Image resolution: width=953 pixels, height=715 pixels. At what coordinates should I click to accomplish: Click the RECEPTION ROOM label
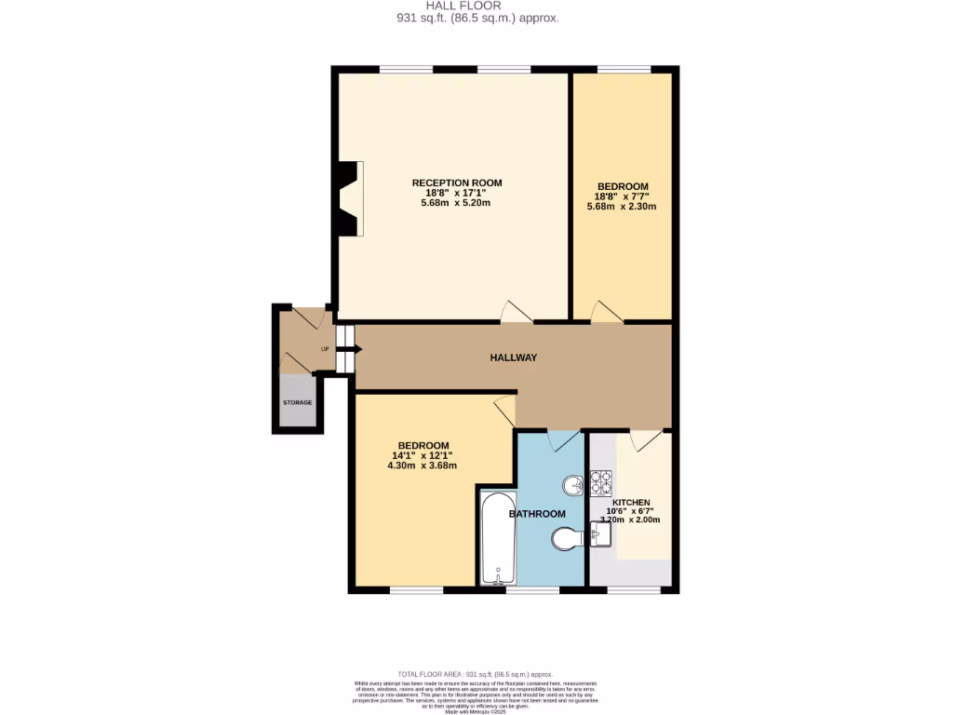coord(457,182)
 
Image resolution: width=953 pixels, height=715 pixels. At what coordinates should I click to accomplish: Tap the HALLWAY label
coord(514,357)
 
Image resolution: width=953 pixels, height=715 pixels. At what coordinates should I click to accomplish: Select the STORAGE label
coord(298,402)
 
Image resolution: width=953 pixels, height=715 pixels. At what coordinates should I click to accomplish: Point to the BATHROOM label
coord(537,514)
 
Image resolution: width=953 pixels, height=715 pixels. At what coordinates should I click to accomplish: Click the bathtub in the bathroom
coord(498,538)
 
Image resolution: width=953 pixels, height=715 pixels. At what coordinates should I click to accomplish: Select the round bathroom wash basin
coord(573,485)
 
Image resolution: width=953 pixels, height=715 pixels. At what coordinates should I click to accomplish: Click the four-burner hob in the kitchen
coord(601,482)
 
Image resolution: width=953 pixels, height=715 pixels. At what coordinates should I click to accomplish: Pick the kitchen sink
coord(601,534)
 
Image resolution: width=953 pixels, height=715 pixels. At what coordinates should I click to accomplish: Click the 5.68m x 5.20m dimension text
coord(456,203)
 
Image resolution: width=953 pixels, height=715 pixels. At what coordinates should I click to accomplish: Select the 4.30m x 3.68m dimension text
coord(422,465)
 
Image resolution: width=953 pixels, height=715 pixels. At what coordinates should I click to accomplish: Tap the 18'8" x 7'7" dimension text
coord(622,196)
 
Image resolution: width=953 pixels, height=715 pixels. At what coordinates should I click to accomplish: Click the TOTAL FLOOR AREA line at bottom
coord(476,674)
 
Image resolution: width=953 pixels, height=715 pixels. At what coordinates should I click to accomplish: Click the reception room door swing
coord(516,312)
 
